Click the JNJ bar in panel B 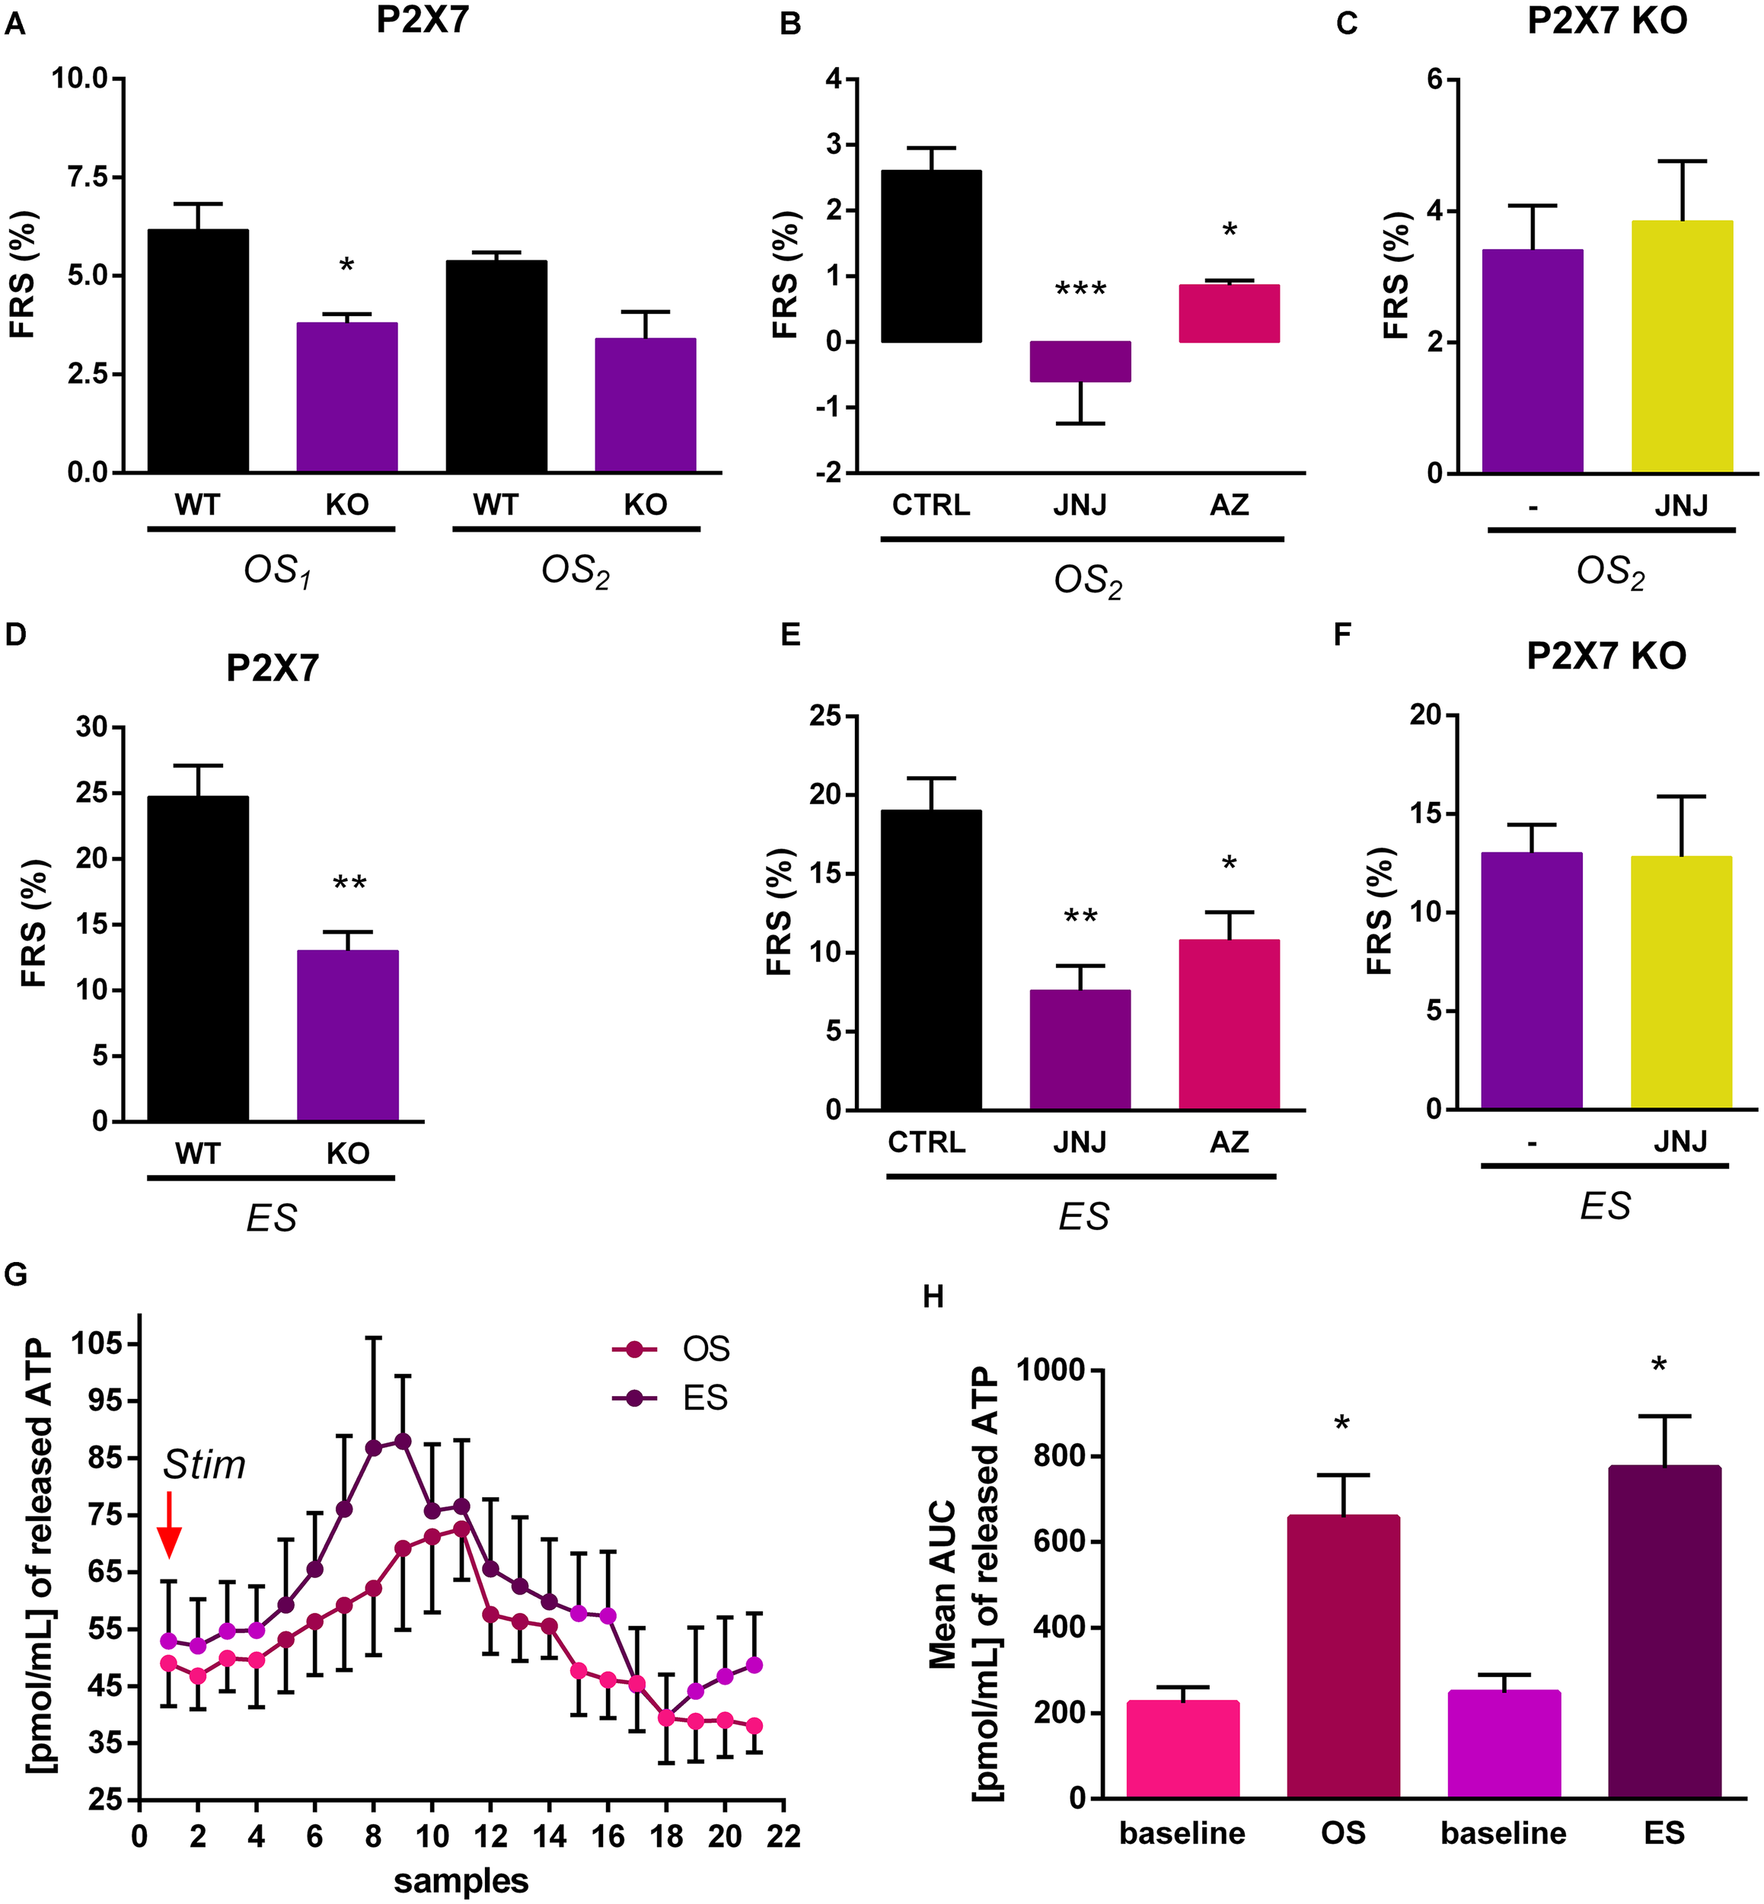click(1080, 362)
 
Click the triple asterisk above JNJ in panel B click(1080, 289)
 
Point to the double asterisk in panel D click(349, 883)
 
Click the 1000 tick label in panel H click(1050, 1371)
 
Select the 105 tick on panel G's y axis click(97, 1344)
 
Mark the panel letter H click(933, 1297)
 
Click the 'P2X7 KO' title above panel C click(1606, 21)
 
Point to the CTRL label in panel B click(930, 504)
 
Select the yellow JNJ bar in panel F click(1681, 982)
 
